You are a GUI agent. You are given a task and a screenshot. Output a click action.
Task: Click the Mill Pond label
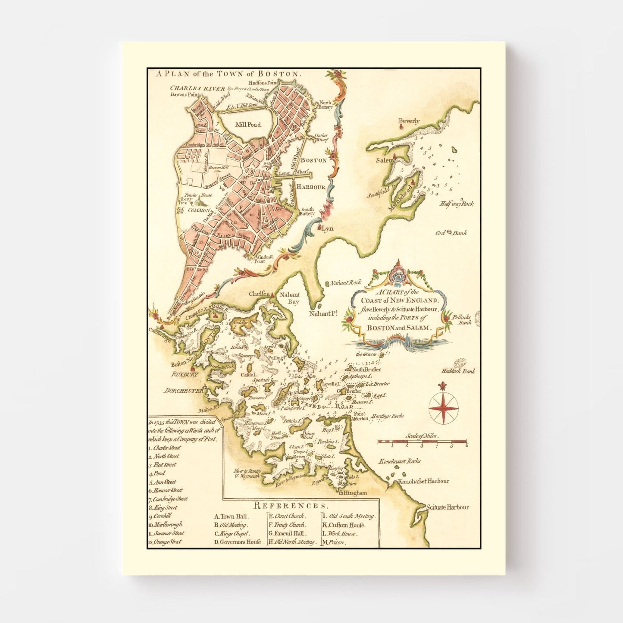point(248,125)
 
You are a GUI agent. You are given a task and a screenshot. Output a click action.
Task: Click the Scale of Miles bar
point(422,442)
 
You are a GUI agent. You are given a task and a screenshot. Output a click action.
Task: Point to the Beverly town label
point(409,121)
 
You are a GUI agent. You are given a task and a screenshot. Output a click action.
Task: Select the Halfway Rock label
point(457,204)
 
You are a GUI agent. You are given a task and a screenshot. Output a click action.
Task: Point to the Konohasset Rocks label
point(400,461)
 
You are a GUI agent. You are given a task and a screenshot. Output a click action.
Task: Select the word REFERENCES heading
point(291,506)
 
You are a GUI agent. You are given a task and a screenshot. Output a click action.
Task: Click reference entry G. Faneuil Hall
point(287,533)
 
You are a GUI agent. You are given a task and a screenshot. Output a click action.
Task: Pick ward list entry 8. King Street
point(163,507)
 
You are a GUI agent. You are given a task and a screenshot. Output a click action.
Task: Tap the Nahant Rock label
point(345,283)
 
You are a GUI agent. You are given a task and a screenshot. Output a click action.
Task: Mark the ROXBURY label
point(185,374)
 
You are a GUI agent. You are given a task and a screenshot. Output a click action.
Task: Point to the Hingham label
point(356,493)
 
